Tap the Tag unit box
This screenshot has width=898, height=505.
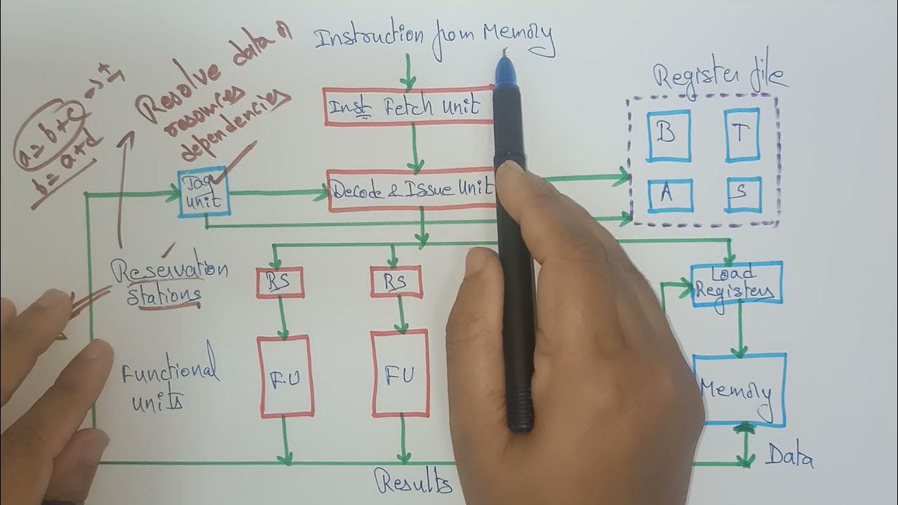[203, 191]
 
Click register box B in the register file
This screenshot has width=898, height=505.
[669, 135]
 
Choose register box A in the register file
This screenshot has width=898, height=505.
[669, 195]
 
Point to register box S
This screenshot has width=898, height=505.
[743, 195]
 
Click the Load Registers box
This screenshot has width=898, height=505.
[737, 284]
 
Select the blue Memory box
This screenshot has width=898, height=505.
[739, 390]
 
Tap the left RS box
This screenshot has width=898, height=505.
[281, 283]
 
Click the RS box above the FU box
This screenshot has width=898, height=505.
[396, 282]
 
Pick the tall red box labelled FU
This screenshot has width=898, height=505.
[401, 373]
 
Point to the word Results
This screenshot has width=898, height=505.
[413, 483]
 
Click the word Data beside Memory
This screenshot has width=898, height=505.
[789, 459]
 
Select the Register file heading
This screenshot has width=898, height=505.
[720, 76]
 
